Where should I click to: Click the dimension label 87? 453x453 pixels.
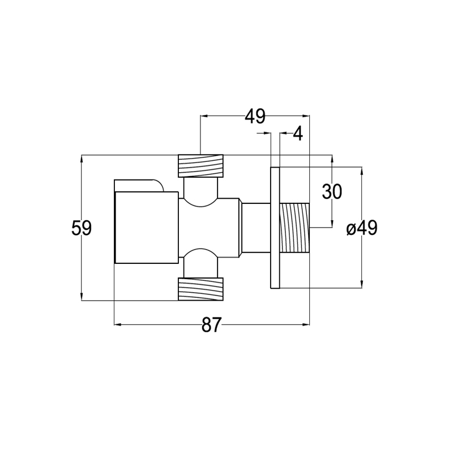coord(211,324)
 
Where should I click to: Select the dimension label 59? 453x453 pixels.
coord(82,228)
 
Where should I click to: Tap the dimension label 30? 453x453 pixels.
coord(332,191)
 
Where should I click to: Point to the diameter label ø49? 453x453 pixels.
coord(362,228)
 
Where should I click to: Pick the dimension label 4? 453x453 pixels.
coord(298,134)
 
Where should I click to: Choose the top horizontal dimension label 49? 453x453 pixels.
coord(255,116)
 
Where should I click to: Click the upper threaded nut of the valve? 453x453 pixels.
coord(201,166)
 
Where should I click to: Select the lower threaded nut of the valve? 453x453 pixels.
coord(201,289)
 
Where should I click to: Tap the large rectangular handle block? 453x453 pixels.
coord(147,228)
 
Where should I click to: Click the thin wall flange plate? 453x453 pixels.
coord(275,228)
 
